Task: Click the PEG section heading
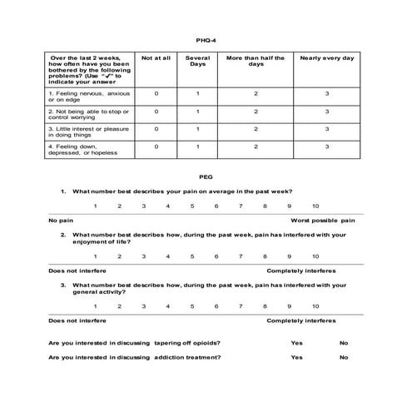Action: point(206,177)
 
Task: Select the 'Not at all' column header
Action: point(156,58)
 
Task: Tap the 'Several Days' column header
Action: point(197,62)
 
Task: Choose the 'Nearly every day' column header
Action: point(327,58)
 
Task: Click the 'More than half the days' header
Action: point(256,62)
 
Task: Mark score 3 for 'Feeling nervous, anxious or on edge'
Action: point(327,93)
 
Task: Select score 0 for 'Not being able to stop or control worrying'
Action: point(156,111)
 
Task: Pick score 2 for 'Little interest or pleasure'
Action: point(256,129)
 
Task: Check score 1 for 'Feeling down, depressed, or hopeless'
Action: point(197,146)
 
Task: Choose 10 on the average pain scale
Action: point(315,206)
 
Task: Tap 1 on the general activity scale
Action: point(95,305)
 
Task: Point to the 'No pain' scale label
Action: point(60,221)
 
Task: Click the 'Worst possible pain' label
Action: point(322,221)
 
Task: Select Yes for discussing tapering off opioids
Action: point(296,343)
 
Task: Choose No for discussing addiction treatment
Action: point(344,357)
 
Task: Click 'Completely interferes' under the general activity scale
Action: point(300,320)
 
